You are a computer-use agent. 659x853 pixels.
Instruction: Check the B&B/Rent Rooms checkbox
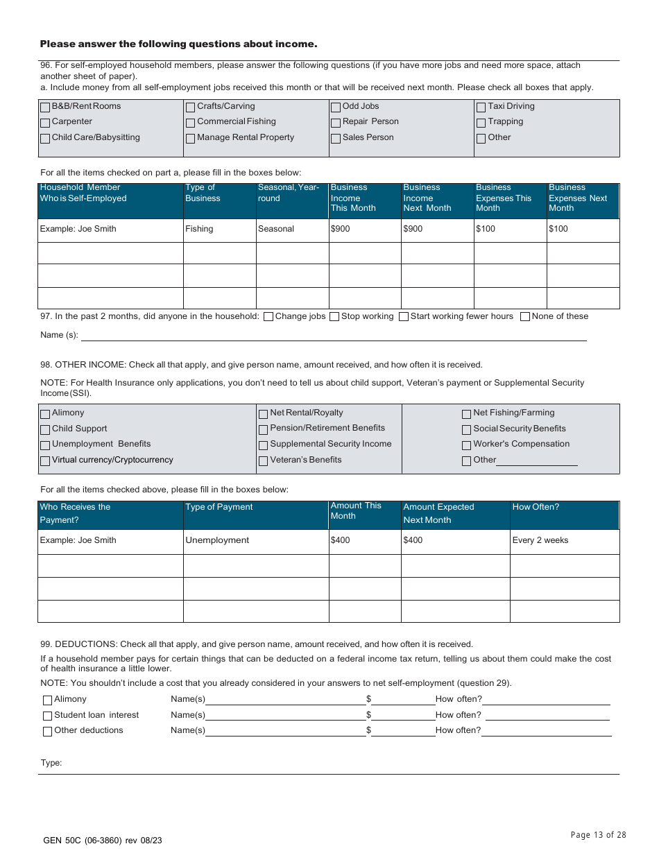(x=45, y=107)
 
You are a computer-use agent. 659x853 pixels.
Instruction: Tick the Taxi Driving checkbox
(x=481, y=107)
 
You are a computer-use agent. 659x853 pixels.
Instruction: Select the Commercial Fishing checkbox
(x=190, y=123)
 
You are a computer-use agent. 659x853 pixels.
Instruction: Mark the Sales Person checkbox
(x=336, y=139)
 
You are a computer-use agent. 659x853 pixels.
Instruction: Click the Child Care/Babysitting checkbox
(x=45, y=139)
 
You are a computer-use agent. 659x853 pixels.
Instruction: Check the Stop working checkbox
(x=334, y=317)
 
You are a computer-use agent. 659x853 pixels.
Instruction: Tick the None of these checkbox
(x=525, y=317)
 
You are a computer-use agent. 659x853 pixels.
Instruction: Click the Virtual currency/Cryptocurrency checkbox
(x=45, y=461)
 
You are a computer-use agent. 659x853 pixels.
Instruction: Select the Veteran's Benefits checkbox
(x=263, y=461)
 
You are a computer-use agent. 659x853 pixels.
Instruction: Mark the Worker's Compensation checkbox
(x=467, y=445)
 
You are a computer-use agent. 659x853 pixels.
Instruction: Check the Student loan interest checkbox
(x=48, y=716)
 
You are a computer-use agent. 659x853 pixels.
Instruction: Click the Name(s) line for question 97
(x=333, y=336)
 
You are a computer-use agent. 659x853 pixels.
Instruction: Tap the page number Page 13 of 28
(x=598, y=835)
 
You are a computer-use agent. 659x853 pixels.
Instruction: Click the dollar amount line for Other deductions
(x=403, y=730)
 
